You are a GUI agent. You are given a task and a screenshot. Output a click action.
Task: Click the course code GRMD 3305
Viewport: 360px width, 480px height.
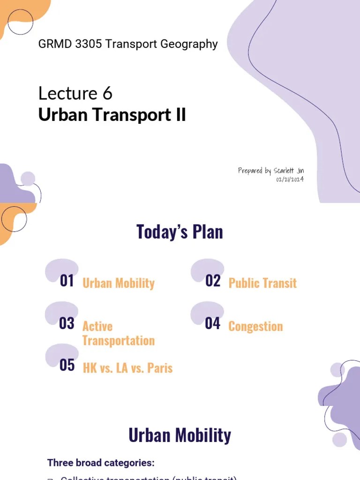click(x=70, y=45)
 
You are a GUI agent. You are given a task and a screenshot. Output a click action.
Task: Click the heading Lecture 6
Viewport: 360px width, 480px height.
click(x=75, y=94)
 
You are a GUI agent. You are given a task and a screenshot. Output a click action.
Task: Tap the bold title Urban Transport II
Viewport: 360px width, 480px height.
click(x=112, y=115)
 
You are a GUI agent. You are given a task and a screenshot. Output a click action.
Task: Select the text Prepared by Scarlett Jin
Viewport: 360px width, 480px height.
click(x=270, y=171)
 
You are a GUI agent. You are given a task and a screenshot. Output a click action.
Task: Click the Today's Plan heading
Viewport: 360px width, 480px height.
click(x=180, y=232)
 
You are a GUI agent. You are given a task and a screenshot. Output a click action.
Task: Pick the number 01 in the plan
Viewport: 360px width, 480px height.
click(x=67, y=281)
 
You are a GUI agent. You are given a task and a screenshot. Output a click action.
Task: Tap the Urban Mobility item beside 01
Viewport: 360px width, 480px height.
click(x=118, y=283)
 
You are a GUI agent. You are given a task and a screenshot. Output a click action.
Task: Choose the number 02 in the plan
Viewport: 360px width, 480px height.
click(x=213, y=281)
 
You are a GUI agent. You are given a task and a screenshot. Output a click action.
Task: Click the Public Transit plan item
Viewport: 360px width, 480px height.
click(x=262, y=283)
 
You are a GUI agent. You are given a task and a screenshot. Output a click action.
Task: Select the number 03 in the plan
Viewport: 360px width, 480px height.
click(x=67, y=323)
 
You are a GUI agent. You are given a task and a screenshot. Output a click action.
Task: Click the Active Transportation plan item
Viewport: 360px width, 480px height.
click(x=118, y=333)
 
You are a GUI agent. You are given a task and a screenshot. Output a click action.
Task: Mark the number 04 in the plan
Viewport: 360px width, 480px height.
click(x=212, y=323)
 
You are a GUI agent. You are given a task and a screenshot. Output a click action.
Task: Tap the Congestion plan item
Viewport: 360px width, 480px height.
click(x=255, y=326)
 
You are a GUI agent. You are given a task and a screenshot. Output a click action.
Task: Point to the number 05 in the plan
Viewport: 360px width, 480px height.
click(x=67, y=365)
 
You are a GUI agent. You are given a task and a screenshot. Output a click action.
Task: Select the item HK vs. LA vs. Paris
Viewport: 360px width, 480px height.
click(x=127, y=368)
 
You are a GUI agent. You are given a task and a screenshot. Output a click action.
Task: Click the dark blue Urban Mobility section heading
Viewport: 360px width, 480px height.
click(x=180, y=435)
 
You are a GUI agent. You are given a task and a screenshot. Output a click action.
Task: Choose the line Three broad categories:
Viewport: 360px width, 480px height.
click(x=101, y=463)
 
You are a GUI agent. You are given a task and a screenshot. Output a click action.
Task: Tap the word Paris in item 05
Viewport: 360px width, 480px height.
click(x=160, y=368)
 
